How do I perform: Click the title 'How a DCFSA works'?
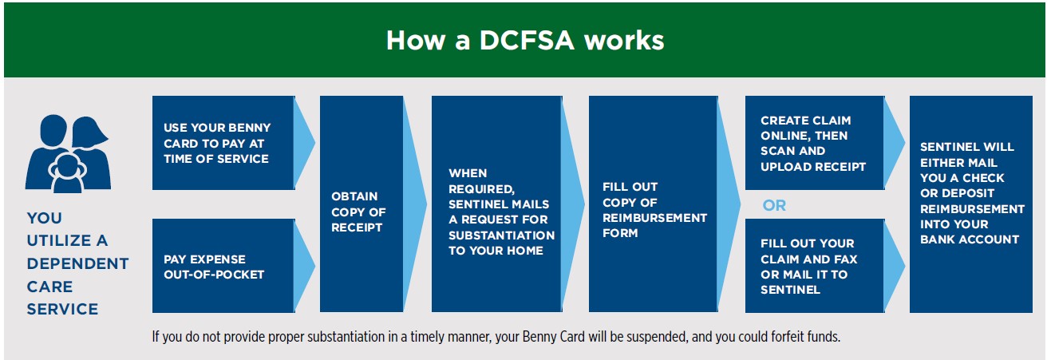[524, 40]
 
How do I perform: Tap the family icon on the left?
[69, 154]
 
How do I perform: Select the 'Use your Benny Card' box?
[223, 143]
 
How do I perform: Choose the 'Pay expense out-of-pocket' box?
[223, 266]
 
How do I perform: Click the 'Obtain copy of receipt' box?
[362, 204]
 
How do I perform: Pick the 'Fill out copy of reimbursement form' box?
[653, 204]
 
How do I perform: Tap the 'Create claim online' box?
[815, 143]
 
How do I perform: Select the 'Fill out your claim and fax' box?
[815, 266]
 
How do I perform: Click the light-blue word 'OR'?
[774, 205]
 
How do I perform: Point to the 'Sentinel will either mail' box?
[971, 204]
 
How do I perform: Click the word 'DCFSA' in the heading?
[527, 40]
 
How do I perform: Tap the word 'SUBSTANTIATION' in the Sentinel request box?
[501, 235]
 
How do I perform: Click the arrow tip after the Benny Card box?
[314, 143]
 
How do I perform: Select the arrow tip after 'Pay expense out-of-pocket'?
[314, 266]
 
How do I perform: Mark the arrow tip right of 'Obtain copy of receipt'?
[426, 204]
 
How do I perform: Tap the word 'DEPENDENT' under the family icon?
[77, 263]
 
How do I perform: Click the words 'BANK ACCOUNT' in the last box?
[970, 239]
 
